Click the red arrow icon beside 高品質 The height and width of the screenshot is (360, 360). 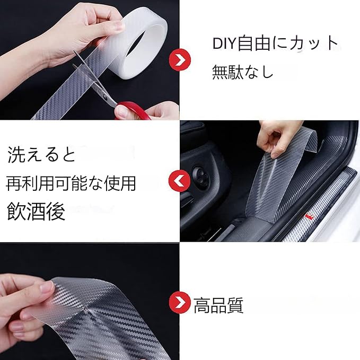click(x=180, y=303)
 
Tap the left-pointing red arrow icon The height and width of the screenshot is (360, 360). click(x=180, y=181)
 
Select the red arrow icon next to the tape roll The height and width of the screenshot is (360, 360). click(x=180, y=60)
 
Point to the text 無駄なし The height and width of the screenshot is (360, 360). click(x=242, y=72)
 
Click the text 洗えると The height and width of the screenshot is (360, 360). click(x=41, y=154)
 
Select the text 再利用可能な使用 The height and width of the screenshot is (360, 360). click(x=71, y=183)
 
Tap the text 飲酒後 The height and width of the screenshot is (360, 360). click(x=36, y=212)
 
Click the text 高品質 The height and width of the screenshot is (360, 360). click(x=218, y=305)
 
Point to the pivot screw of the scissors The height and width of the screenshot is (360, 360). click(x=104, y=97)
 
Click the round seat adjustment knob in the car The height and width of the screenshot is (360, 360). click(x=201, y=177)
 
